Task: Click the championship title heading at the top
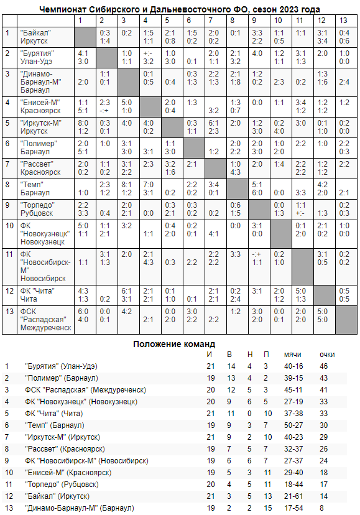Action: pos(180,9)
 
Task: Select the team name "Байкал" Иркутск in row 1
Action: pos(36,36)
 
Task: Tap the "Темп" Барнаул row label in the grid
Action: pos(35,188)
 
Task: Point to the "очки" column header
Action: pos(327,355)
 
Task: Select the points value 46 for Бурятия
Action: pos(324,366)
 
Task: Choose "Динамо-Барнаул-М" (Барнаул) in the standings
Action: pos(79,508)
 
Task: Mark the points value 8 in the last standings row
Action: pos(322,508)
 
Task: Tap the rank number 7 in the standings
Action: pos(7,437)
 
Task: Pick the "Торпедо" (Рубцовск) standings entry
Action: pos(62,485)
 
